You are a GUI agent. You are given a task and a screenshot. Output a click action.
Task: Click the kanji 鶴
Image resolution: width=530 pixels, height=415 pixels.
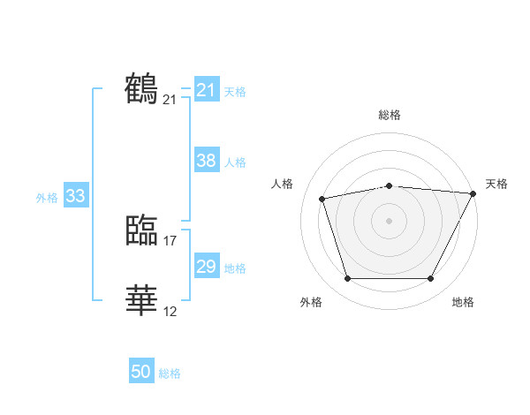click(142, 89)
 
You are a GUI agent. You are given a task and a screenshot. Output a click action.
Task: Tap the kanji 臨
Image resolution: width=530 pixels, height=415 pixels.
click(142, 230)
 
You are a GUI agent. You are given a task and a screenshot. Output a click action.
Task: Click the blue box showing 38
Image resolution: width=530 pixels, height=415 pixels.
click(206, 161)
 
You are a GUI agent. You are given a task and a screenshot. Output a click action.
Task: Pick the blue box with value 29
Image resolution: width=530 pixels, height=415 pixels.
click(206, 267)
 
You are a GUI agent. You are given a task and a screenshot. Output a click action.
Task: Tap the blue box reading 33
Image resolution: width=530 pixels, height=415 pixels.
click(75, 196)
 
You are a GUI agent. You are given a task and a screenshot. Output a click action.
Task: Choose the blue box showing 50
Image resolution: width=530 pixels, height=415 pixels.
click(141, 372)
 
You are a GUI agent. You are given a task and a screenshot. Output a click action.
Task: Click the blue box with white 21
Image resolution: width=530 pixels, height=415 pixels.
click(206, 90)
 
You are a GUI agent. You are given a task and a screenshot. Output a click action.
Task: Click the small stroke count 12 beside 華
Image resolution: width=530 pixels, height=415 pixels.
click(170, 311)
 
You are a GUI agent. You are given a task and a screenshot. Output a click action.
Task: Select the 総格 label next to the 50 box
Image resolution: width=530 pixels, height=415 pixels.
click(170, 373)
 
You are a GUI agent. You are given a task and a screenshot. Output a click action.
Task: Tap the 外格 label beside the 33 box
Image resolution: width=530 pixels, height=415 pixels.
click(47, 198)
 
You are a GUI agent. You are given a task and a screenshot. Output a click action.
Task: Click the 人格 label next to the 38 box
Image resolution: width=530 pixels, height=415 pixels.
click(235, 162)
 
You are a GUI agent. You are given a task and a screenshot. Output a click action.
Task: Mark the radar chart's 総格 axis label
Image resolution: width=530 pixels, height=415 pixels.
click(389, 115)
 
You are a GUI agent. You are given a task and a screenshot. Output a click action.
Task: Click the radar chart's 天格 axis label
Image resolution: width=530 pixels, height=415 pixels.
click(496, 184)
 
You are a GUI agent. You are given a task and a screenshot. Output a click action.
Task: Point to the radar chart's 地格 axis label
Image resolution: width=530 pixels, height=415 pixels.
click(463, 303)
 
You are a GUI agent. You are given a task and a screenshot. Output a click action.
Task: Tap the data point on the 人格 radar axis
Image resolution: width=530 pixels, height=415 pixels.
click(322, 199)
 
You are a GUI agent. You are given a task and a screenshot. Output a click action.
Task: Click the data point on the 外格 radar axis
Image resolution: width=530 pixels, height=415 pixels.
click(347, 279)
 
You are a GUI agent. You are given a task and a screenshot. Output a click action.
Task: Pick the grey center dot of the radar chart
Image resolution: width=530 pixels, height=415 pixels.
click(389, 220)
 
